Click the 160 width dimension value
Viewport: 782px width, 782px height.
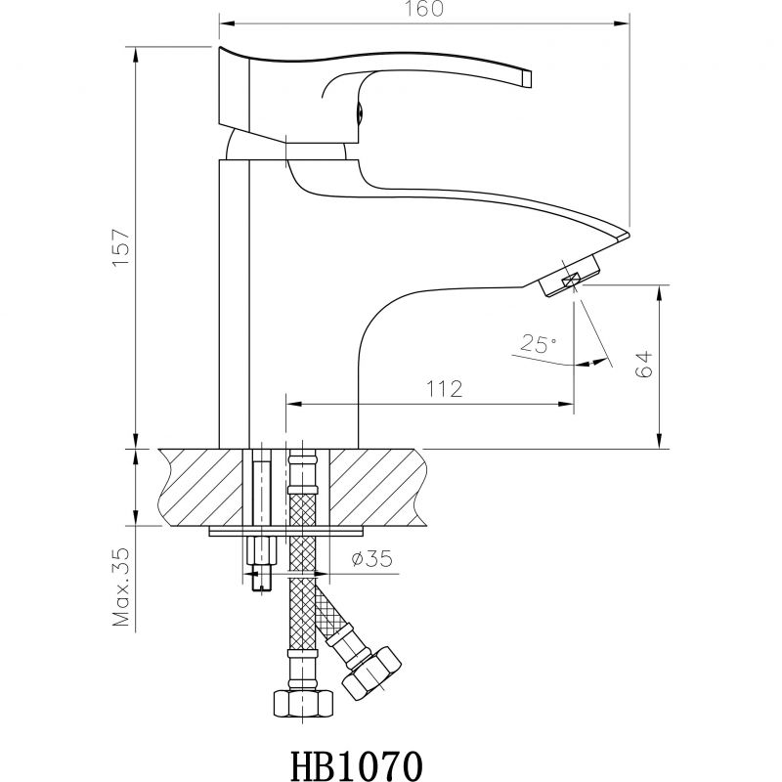423,8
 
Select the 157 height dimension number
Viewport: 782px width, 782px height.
121,248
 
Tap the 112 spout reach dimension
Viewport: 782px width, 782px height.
444,388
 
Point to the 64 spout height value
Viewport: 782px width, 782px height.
643,364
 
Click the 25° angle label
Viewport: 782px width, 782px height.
539,344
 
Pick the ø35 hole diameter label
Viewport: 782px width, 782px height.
371,558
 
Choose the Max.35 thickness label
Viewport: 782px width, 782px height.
121,587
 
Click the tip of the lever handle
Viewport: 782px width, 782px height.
527,79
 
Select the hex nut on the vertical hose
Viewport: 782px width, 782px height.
303,703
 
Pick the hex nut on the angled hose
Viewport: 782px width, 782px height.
372,673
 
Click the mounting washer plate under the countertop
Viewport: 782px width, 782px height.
285,531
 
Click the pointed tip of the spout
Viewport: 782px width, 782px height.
629,235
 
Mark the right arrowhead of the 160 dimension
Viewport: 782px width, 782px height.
622,22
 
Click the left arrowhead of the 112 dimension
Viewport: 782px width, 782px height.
293,404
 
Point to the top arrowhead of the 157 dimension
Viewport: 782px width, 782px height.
136,55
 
